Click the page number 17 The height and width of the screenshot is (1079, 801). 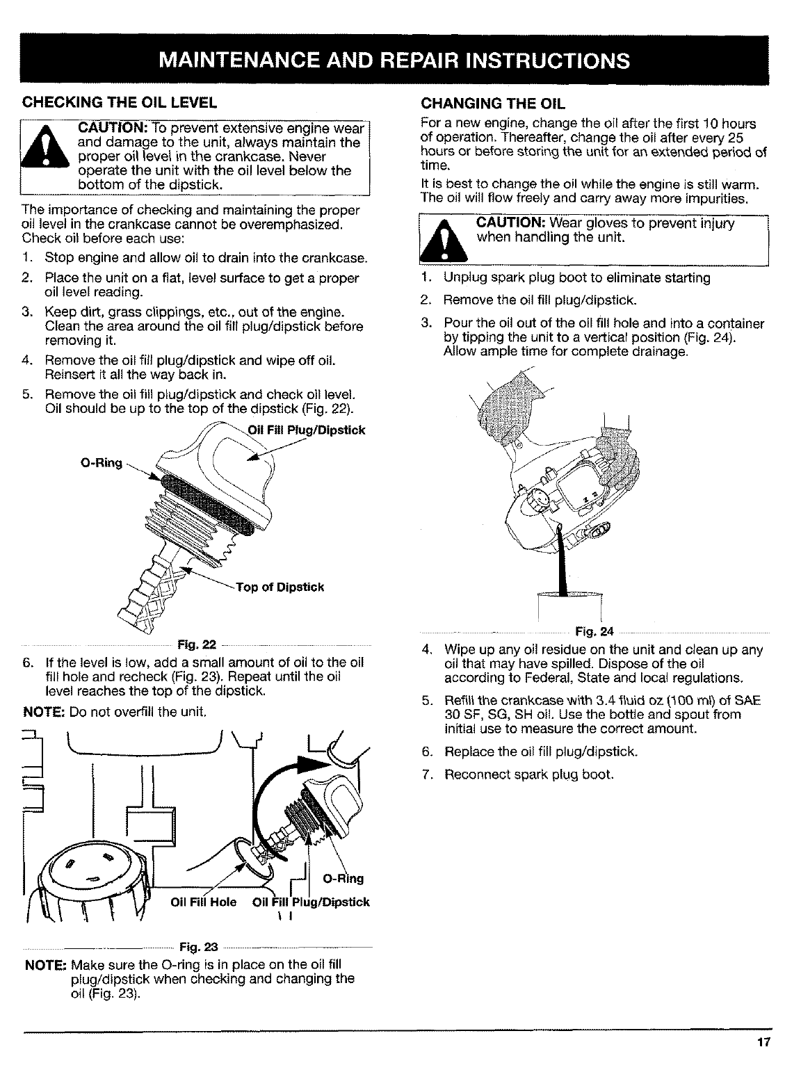tap(766, 1043)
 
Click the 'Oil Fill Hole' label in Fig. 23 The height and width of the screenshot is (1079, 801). tap(204, 902)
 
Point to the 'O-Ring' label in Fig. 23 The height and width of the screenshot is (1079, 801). tap(345, 879)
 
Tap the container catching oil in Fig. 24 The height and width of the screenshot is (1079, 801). tap(569, 608)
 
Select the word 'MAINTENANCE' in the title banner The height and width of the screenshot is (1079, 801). tap(254, 60)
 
